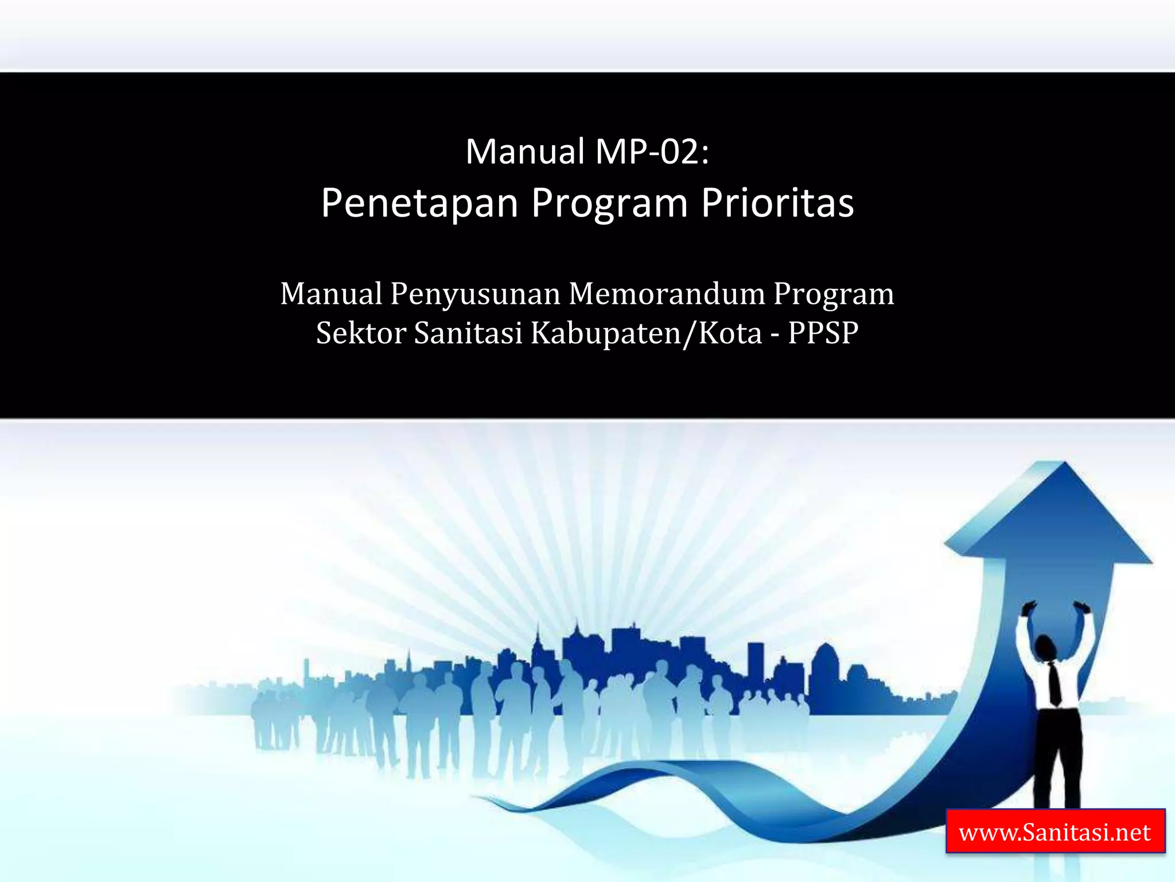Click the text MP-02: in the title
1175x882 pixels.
pyautogui.click(x=652, y=152)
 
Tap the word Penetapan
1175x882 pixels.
pyautogui.click(x=419, y=203)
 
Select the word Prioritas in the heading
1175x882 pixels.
pyautogui.click(x=777, y=203)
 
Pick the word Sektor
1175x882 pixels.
pyautogui.click(x=361, y=333)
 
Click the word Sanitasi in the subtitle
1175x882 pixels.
pyautogui.click(x=468, y=333)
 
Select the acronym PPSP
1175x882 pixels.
pyautogui.click(x=823, y=333)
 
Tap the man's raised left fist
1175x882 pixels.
pyautogui.click(x=1028, y=608)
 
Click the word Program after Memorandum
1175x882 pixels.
pyautogui.click(x=833, y=295)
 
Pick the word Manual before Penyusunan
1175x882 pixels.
pyautogui.click(x=331, y=293)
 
